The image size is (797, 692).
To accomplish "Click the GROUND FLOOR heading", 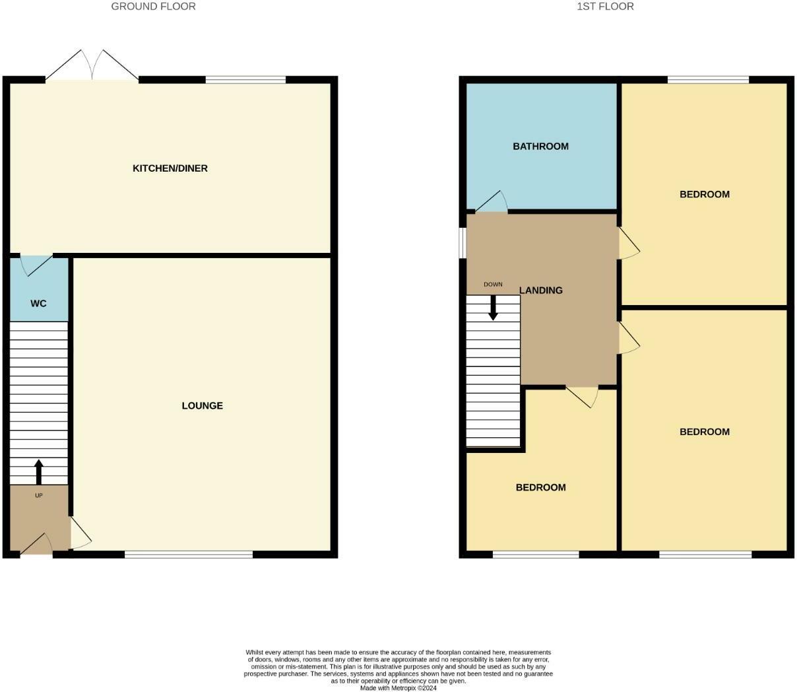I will tap(153, 7).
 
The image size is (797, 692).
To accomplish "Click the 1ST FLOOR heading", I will tap(605, 7).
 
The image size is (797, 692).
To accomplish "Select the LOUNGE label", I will tap(202, 405).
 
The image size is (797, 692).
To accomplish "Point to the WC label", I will tap(39, 304).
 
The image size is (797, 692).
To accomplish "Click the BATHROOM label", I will tap(540, 147).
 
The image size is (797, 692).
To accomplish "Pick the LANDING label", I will tap(541, 291).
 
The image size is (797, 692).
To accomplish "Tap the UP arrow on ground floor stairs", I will tap(38, 471).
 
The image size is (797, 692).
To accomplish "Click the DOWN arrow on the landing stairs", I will tap(493, 308).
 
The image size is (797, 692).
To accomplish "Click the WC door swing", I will tap(36, 265).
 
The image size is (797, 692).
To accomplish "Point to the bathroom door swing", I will tap(492, 202).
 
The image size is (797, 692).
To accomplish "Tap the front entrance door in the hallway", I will tap(37, 544).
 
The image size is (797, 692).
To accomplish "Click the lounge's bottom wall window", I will tap(189, 555).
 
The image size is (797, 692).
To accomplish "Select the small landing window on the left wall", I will tap(462, 242).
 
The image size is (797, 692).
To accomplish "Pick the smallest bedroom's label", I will tap(540, 488).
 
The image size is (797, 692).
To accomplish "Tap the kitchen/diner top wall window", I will tap(245, 80).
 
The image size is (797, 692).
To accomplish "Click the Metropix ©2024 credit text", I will tap(398, 688).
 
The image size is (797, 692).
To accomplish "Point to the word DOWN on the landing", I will tap(493, 285).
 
